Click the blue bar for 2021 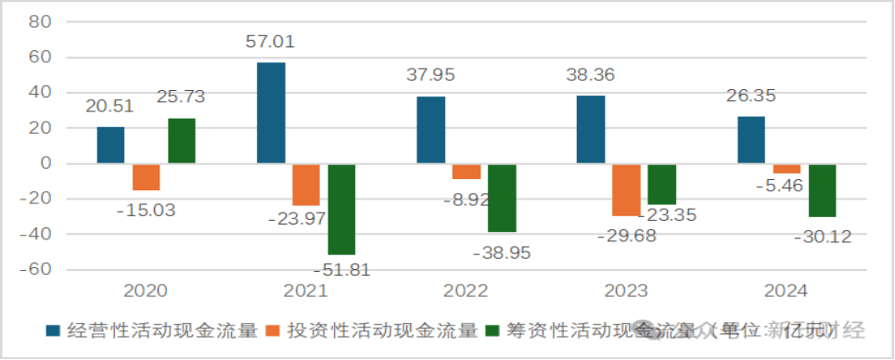tap(271, 113)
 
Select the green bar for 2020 tap(182, 141)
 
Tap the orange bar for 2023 tap(626, 190)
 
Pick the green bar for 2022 tap(502, 199)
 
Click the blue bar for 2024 tap(751, 140)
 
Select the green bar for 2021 tap(342, 210)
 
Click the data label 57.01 tap(271, 43)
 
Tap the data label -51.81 tap(342, 269)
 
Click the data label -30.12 tap(822, 238)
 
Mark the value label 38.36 tap(590, 74)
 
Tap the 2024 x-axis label tap(786, 291)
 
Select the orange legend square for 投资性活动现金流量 tap(274, 330)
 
